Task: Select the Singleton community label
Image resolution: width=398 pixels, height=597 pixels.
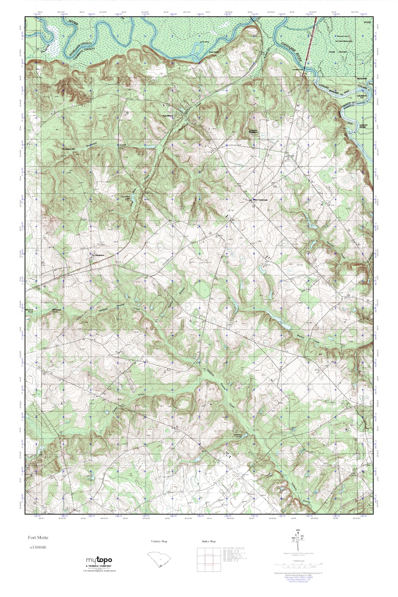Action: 99,255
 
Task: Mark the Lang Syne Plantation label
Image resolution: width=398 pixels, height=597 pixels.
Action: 253,131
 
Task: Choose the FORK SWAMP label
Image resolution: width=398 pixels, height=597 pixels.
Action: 338,52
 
